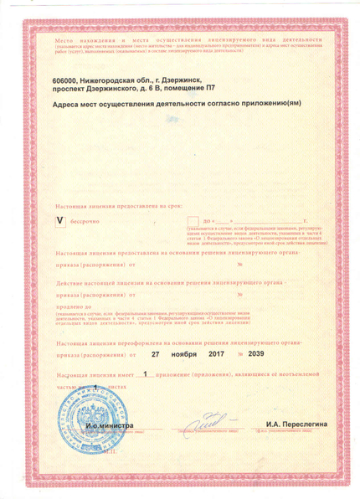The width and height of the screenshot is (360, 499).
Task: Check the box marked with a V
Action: click(59, 221)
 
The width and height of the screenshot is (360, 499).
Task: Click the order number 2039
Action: click(267, 353)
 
